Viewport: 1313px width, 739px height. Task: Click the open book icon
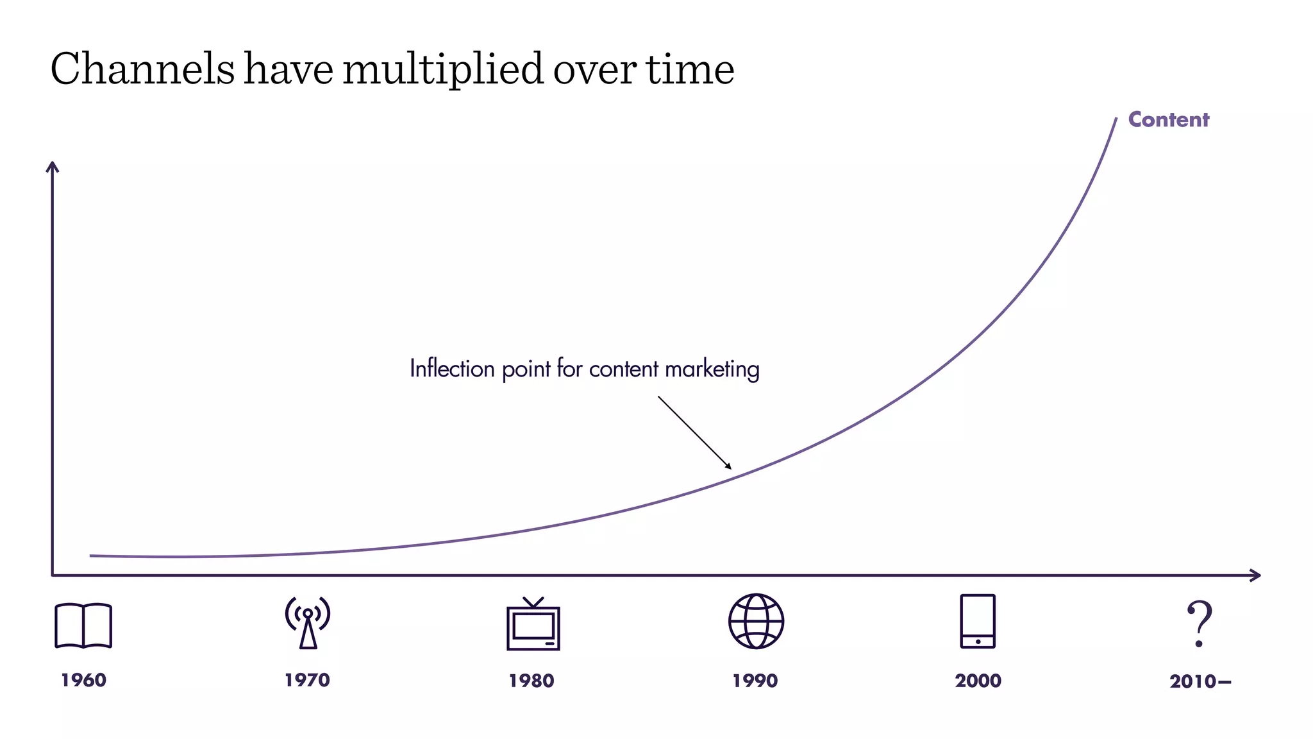tap(83, 625)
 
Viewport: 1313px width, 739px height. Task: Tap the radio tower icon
tap(308, 622)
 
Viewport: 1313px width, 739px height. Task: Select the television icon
tap(533, 624)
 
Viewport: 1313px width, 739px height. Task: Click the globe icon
tap(756, 621)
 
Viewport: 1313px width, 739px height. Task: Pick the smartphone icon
tap(978, 621)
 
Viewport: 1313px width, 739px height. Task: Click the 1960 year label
tap(83, 680)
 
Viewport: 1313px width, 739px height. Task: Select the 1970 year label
tap(307, 680)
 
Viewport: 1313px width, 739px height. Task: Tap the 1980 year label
tap(531, 681)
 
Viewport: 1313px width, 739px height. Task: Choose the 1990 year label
tap(755, 681)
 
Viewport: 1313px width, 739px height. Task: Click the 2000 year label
tap(978, 681)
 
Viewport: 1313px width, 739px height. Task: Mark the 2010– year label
tap(1200, 681)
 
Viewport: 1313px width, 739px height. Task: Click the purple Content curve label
tap(1168, 119)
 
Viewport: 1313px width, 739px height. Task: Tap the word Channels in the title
tap(142, 69)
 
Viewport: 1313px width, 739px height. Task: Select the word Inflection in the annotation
tap(452, 369)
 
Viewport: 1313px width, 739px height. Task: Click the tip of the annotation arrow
tap(730, 468)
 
